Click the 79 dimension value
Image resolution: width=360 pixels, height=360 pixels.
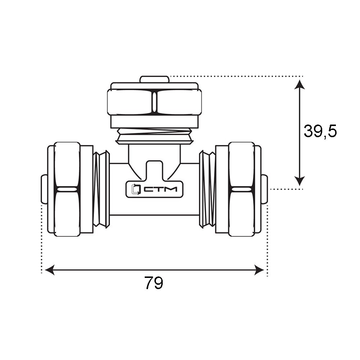(x=154, y=283)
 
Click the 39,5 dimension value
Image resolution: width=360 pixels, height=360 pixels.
(x=320, y=131)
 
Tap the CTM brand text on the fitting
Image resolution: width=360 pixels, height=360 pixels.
(x=160, y=189)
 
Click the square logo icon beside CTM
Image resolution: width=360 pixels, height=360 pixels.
(x=135, y=189)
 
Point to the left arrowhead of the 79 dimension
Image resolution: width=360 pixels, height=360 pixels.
(x=49, y=270)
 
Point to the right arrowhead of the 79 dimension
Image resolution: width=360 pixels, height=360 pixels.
(x=260, y=270)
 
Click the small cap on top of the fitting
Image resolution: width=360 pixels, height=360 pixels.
(x=155, y=80)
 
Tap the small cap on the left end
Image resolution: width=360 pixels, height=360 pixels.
(x=44, y=189)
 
